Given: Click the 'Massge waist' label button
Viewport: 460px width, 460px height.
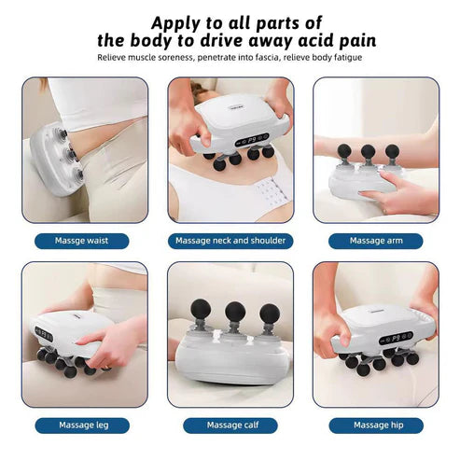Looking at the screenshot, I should (x=83, y=240).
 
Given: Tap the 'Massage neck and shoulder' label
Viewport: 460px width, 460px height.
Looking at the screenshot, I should (x=230, y=240).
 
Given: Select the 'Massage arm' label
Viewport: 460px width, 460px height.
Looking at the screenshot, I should (x=375, y=240).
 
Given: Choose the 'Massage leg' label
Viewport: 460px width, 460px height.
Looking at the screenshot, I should (x=83, y=425).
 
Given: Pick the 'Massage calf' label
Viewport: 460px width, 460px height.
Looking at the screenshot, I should (x=230, y=425).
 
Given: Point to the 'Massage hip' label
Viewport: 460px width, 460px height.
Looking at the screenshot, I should (x=375, y=425).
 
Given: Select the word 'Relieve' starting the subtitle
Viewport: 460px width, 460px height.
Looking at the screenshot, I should (x=113, y=57).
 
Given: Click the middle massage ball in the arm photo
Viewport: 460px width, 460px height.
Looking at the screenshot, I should (x=369, y=152).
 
